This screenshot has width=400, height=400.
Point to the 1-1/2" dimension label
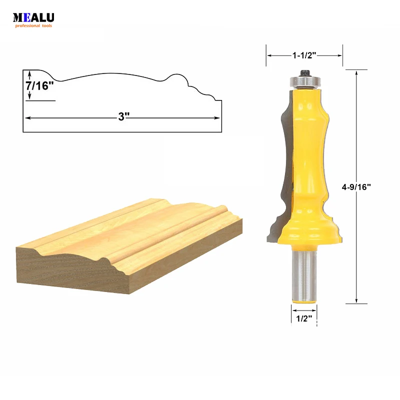pyautogui.click(x=304, y=56)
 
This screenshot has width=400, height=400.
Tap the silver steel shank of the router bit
pyautogui.click(x=303, y=277)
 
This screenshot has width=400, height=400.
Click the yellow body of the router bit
pyautogui.click(x=305, y=150)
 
